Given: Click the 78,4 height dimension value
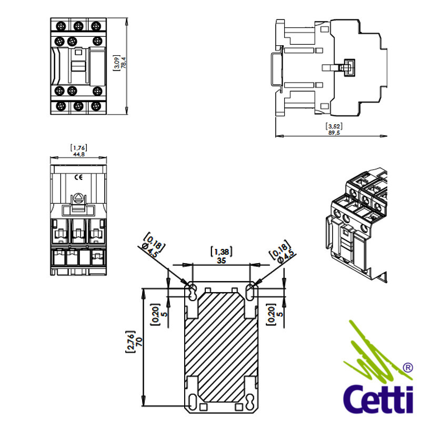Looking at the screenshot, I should click(x=124, y=64).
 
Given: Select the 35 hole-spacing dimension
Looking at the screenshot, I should click(x=221, y=260).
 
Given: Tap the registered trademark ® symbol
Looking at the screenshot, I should click(x=407, y=368).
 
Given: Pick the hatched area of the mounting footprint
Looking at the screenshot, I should click(x=221, y=347).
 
